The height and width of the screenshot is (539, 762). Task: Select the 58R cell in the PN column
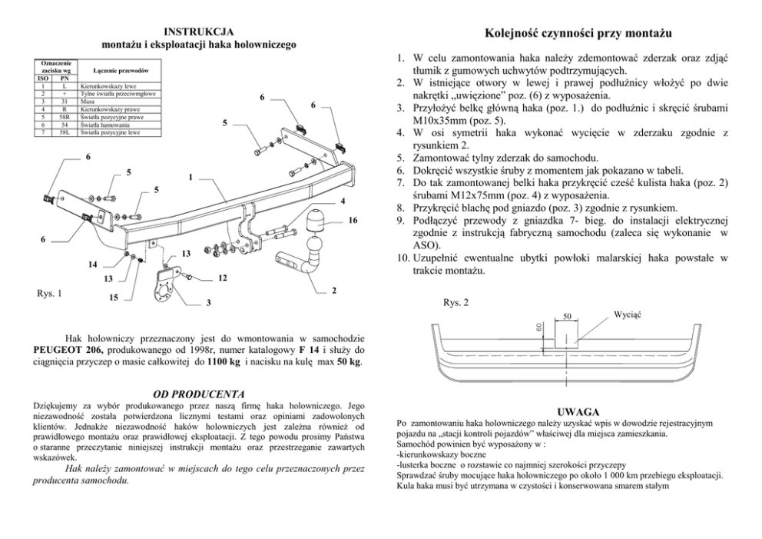[x=65, y=117]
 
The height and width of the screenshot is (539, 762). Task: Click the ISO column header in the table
[x=42, y=78]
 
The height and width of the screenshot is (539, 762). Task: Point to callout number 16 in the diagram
[x=353, y=221]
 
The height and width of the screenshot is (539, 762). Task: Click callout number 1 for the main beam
[x=189, y=178]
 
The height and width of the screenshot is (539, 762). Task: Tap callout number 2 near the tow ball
[x=333, y=290]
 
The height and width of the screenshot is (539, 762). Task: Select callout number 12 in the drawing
[x=221, y=277]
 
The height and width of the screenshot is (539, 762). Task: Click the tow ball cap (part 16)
[x=315, y=223]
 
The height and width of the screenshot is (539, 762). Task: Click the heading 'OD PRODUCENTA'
[x=200, y=394]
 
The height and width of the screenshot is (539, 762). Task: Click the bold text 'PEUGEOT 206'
[x=63, y=350]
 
